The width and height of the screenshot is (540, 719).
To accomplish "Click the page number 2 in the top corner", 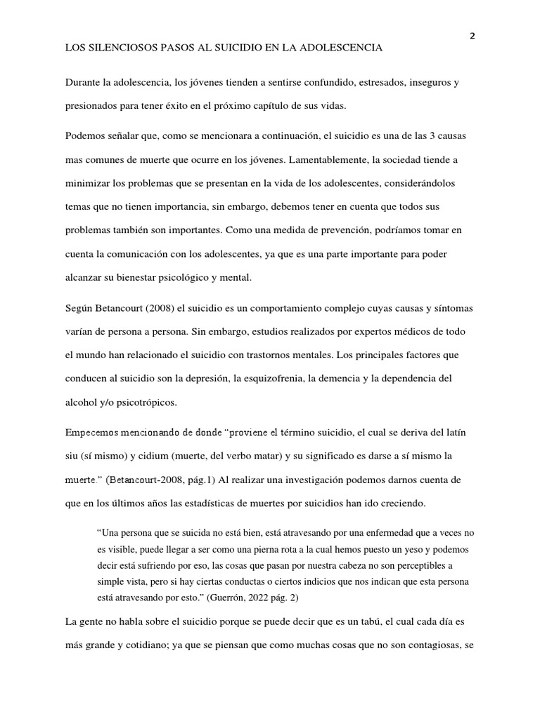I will point(472,37).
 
